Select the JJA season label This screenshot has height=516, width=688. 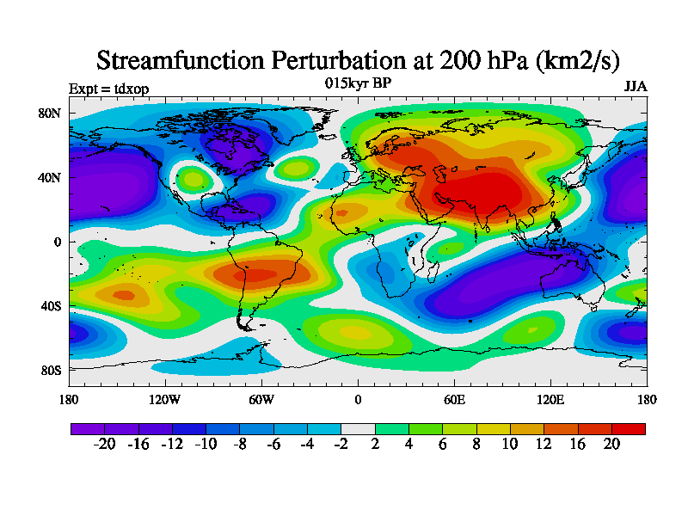tap(636, 87)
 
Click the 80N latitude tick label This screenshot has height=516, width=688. tap(50, 114)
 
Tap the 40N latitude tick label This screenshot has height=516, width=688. tap(50, 178)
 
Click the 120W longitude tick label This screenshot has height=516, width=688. tap(165, 399)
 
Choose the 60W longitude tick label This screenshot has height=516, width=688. tap(261, 399)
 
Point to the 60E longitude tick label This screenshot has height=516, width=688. tap(455, 399)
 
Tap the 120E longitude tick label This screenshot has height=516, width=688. tap(550, 399)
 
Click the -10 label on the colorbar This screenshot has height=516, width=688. tap(206, 444)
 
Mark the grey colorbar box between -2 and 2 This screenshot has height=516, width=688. tap(358, 427)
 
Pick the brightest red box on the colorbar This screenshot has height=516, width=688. tap(629, 427)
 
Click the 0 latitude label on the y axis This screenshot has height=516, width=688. tap(58, 243)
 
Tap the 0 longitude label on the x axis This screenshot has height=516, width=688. tap(358, 399)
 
